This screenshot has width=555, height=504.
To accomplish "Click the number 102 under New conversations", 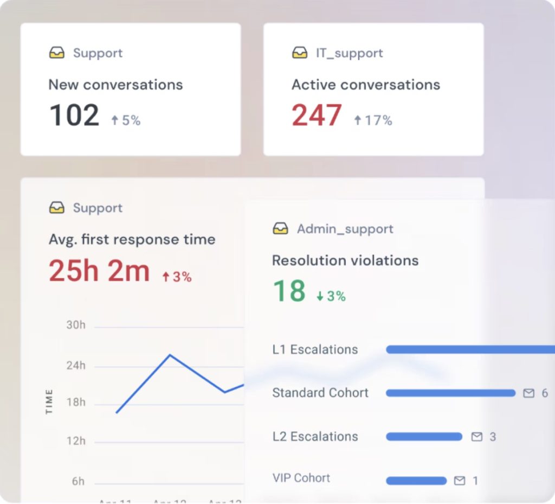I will (74, 116).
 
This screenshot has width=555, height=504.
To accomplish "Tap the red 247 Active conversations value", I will (317, 116).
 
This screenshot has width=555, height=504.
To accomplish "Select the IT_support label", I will (349, 53).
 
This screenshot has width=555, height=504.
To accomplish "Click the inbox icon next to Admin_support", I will (280, 229).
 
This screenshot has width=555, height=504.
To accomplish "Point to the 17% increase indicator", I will (373, 120).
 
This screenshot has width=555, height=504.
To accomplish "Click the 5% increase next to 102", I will (126, 120).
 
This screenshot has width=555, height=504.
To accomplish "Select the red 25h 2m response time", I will (99, 271).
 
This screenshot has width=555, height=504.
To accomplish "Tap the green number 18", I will (289, 291).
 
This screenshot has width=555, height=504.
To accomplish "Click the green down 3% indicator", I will (331, 296).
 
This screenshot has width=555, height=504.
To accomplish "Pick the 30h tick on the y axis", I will (76, 325).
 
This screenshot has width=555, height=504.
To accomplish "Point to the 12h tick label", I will (76, 441).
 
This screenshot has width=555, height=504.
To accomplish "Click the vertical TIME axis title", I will (49, 402).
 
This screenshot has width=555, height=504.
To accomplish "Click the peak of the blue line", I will (170, 355).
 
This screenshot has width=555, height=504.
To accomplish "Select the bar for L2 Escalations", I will (424, 437).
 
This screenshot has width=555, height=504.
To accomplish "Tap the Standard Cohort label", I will (320, 393).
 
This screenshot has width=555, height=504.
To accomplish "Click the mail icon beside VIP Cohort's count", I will (460, 481).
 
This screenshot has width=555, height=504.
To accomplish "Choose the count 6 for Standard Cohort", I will (545, 393).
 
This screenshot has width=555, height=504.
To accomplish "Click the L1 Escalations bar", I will (469, 350).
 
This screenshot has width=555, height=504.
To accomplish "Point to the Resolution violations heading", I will (345, 260).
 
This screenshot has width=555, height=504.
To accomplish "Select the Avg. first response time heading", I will (132, 239).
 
